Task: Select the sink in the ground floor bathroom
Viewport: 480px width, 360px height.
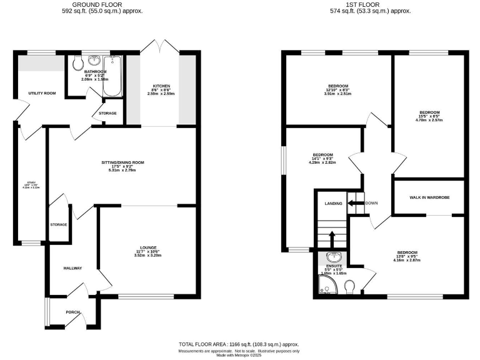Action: tap(96, 61)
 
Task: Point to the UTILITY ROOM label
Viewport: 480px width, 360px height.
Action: tap(42, 93)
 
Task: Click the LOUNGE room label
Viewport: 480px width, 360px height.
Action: tap(148, 247)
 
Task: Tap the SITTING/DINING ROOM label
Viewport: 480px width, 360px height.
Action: tap(122, 162)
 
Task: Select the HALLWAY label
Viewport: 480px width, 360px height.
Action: tap(74, 267)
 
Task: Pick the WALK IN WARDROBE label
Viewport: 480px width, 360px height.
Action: tap(429, 197)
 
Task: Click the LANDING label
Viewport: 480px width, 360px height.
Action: tap(333, 203)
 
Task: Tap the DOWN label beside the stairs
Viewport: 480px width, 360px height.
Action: tap(371, 203)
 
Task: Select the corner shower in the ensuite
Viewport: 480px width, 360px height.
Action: tap(326, 286)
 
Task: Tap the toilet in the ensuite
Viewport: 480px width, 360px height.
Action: tap(350, 286)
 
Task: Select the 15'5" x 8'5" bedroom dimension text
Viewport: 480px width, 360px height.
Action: tap(429, 116)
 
